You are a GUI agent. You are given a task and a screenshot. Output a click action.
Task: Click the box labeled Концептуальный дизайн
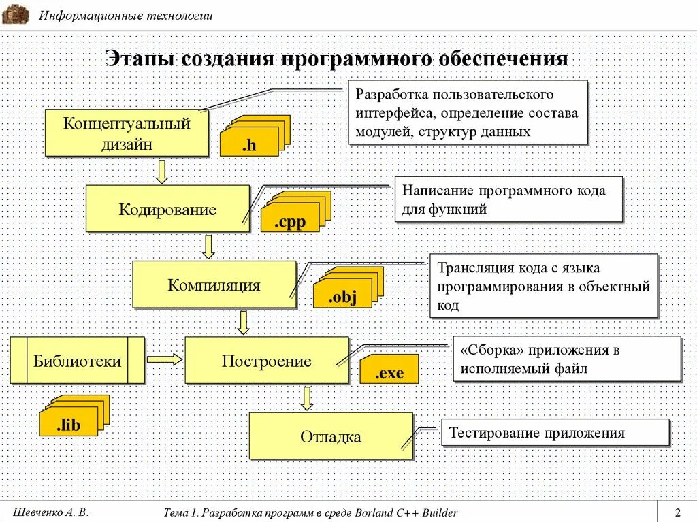127,133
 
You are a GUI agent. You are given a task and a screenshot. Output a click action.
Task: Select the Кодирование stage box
167,209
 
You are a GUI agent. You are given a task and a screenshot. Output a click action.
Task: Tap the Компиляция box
214,284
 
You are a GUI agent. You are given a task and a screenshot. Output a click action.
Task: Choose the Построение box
266,361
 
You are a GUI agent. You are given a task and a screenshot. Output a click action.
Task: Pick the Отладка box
331,436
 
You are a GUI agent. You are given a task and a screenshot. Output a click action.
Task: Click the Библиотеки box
77,361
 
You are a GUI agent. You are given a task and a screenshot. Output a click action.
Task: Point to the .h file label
248,145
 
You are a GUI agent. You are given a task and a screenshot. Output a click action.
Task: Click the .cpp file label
289,221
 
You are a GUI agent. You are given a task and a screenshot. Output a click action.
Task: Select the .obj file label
342,297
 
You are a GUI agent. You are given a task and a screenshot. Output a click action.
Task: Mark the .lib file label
68,426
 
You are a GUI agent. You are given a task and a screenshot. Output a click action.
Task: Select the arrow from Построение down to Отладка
307,398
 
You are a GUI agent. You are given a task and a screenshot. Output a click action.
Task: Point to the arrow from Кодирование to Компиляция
209,246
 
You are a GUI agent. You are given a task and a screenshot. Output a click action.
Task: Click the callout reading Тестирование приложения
555,433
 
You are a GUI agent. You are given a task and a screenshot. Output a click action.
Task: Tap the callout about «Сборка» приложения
567,359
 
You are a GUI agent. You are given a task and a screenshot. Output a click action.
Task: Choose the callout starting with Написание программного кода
508,199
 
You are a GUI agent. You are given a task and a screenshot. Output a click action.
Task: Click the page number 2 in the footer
677,512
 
